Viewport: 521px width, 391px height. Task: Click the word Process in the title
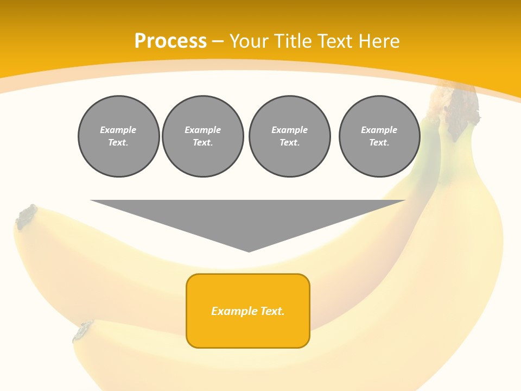click(x=170, y=41)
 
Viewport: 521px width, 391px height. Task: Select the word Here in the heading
click(x=379, y=41)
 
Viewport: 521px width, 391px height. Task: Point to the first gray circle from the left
click(x=119, y=136)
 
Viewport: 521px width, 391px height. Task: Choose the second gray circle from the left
click(x=203, y=136)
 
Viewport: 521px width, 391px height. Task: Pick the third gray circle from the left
click(x=289, y=136)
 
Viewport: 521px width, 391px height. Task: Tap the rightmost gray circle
click(x=379, y=136)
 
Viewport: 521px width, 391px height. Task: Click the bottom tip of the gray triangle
click(x=249, y=250)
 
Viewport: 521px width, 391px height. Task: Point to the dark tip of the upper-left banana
click(x=26, y=216)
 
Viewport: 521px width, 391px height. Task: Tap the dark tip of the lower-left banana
click(x=83, y=330)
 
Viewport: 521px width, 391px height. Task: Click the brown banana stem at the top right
click(x=461, y=106)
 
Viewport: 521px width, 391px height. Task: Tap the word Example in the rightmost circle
click(x=379, y=130)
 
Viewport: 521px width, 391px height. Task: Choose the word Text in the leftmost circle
click(x=118, y=143)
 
